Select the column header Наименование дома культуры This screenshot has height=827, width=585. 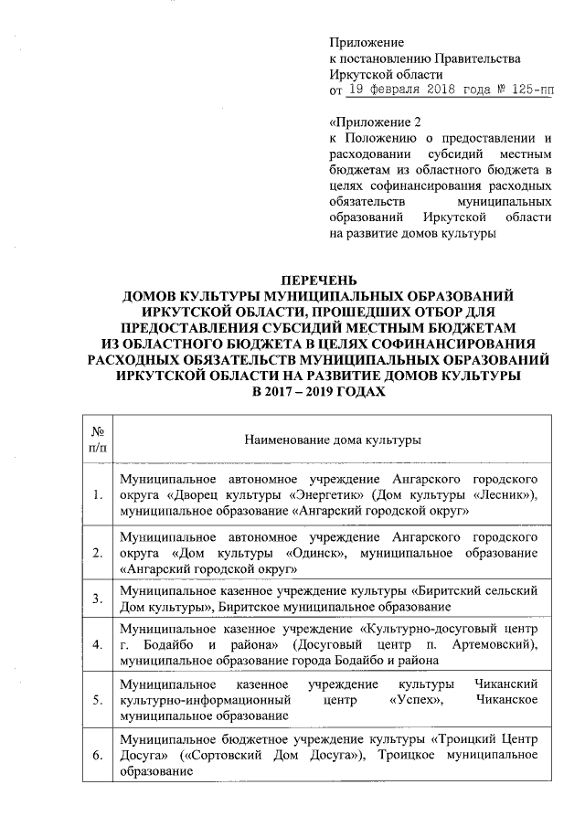[331, 440]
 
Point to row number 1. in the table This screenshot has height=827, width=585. [98, 495]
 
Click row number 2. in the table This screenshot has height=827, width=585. [98, 554]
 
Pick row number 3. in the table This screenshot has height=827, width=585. [98, 598]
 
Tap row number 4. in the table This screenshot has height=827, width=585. [98, 644]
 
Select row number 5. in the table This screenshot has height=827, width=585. [98, 702]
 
